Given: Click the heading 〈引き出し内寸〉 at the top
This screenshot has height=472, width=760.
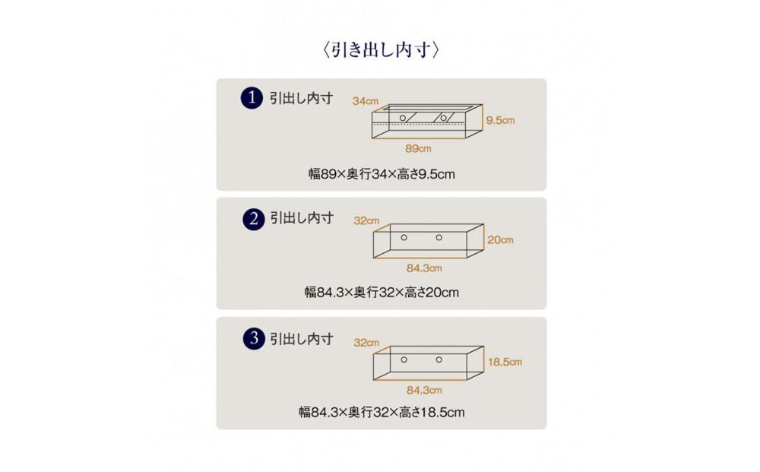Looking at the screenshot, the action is coord(381,50).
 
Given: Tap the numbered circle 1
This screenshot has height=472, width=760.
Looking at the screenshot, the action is coord(252,98).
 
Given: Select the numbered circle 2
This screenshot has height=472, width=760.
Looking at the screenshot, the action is coord(254,219).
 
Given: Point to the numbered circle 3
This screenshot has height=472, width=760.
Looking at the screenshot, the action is coord(254,338).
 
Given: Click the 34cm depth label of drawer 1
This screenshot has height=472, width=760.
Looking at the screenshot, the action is coord(365,101).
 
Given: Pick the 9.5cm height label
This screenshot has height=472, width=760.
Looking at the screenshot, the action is coord(500,120).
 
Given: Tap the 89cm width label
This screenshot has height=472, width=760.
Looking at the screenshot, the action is coord(418,149).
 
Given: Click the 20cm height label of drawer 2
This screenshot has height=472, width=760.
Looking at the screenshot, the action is coord(500,240).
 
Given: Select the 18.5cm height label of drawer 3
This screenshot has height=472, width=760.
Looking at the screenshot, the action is coord(505,362).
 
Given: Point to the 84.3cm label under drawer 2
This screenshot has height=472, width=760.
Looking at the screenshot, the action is coord(424,268).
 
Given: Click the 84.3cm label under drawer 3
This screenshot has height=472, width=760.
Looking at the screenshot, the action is coord(424,390).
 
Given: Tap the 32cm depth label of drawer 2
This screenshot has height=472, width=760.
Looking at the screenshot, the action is coord(366,221).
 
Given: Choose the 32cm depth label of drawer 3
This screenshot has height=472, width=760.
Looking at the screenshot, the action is coord(366,343).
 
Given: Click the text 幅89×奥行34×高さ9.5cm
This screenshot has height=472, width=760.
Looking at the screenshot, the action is coord(382,174).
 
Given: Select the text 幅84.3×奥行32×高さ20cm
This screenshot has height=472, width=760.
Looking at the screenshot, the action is coord(382,292).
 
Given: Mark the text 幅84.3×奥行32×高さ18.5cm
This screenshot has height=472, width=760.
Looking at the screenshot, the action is coord(382,413).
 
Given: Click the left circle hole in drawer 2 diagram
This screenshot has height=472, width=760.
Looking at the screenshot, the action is coord(404,237).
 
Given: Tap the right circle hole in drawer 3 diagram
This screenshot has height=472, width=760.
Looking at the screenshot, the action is coord(439,360).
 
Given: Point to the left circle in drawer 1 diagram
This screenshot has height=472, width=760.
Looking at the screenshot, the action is coord(403,118).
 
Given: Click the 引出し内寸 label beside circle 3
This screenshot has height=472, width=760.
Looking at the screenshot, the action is coord(302,339).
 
